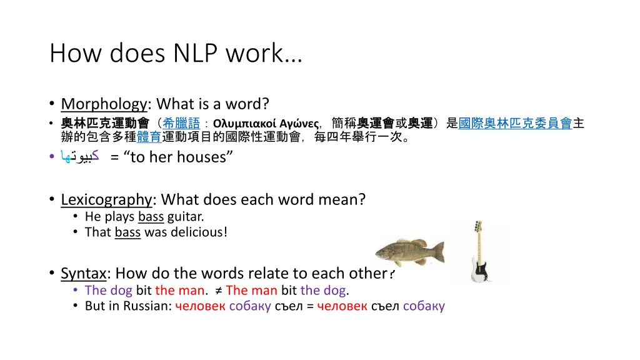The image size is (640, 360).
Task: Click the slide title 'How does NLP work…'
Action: [x=176, y=54]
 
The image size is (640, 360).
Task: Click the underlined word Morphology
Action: [x=104, y=104]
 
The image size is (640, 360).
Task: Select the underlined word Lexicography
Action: [x=106, y=199]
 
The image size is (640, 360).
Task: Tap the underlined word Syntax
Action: [x=84, y=273]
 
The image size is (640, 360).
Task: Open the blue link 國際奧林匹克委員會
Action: [x=515, y=123]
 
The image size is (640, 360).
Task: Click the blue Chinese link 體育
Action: [x=149, y=137]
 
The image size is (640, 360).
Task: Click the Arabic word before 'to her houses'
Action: [x=81, y=157]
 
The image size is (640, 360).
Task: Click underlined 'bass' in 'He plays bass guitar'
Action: [x=151, y=217]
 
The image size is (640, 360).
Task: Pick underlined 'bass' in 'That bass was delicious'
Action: [x=127, y=232]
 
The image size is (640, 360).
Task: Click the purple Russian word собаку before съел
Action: [x=250, y=306]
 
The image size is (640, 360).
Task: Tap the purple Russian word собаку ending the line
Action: [x=424, y=306]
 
